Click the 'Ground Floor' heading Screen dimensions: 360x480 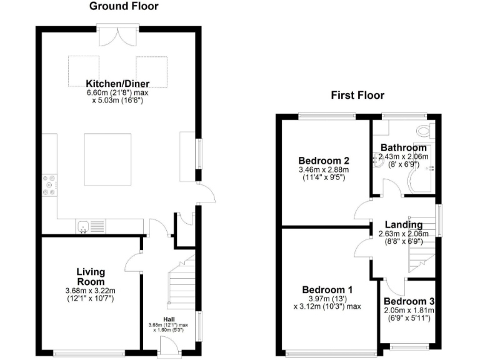(124, 7)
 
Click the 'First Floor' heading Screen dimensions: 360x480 (357, 95)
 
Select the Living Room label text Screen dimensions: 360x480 (91, 276)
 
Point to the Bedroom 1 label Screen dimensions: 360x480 (327, 290)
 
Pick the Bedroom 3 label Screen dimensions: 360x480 (409, 301)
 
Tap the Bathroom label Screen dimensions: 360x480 (404, 148)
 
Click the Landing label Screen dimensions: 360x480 (404, 225)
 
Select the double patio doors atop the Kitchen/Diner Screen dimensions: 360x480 (117, 34)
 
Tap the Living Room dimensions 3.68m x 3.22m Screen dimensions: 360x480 (91, 291)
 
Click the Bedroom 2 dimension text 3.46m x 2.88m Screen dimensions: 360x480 (323, 169)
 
